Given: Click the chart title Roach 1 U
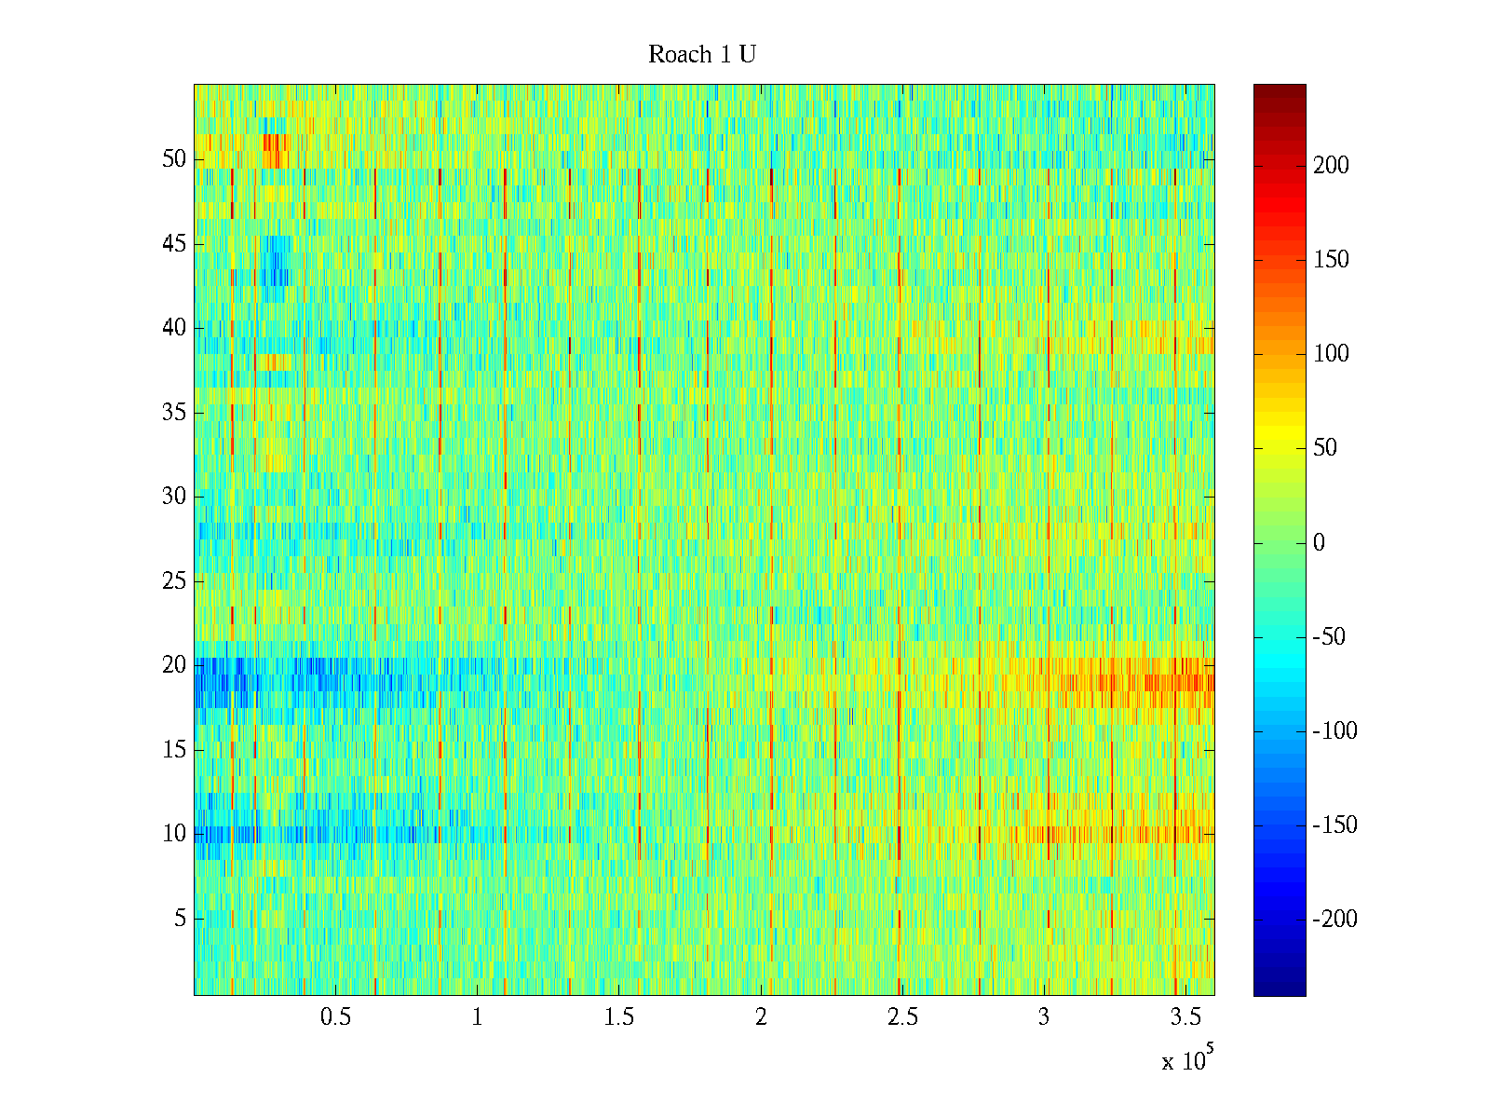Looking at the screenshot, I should point(702,55).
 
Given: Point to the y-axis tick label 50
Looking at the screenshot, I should point(174,159).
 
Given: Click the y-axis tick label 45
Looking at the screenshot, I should point(174,244).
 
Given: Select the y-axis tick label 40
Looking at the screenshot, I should point(174,328).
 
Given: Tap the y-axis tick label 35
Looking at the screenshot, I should point(174,413).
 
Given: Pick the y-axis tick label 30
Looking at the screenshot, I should point(174,497).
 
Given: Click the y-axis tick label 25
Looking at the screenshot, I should point(174,581).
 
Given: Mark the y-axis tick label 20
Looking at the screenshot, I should point(174,665).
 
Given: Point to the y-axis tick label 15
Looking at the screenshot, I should point(174,750).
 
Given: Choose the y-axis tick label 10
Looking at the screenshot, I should point(174,834).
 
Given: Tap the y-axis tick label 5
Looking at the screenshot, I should point(180,919).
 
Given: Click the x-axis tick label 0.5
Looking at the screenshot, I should point(335,1017).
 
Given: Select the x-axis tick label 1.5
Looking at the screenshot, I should point(619,1017).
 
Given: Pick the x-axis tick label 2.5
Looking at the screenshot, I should point(902,1017).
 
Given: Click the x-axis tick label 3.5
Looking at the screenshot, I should point(1185,1017).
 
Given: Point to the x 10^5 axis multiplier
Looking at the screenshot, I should point(1187,1060).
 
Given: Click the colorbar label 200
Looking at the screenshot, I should point(1331,166).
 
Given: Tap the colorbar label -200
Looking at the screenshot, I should point(1334,920).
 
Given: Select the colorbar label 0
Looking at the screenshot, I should point(1319,543).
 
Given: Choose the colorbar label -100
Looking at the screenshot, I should point(1334,731).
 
